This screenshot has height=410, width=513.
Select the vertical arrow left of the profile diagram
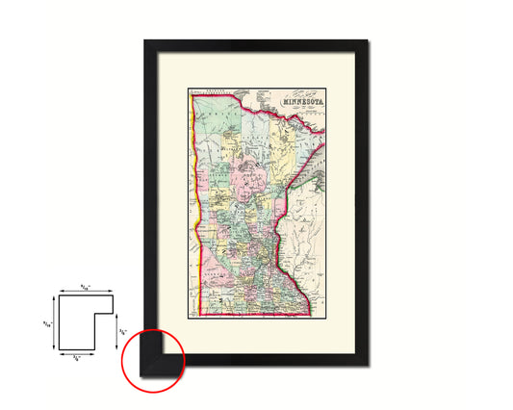coord(56,323)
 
